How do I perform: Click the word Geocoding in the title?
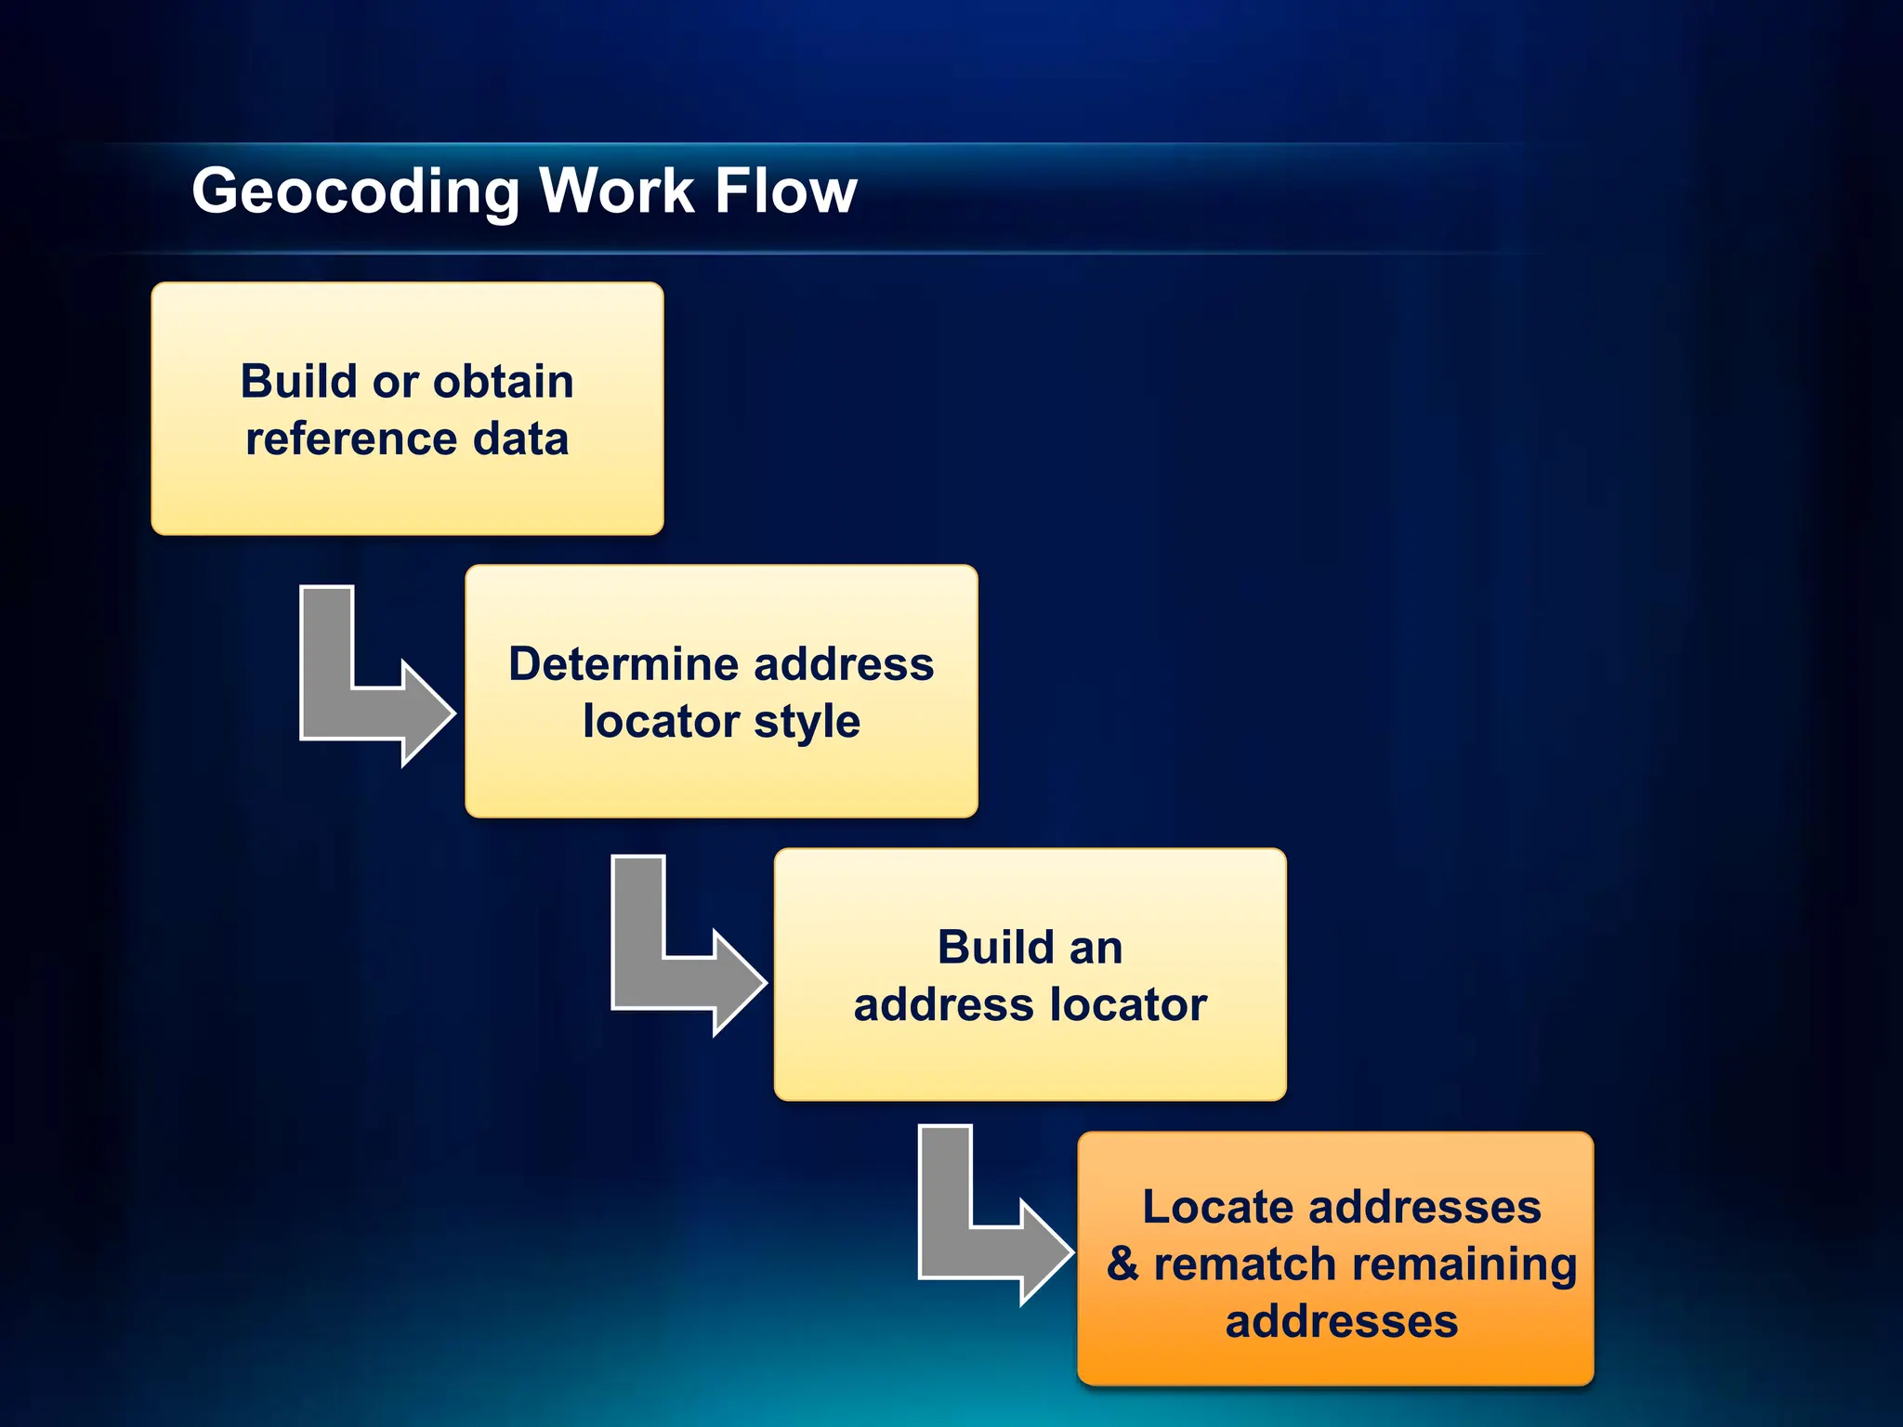[355, 192]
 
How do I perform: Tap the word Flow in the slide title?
[785, 190]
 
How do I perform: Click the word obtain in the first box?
[503, 381]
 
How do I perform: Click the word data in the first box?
[520, 439]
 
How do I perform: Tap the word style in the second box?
[807, 723]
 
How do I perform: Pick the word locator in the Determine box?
[661, 721]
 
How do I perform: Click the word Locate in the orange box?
[1217, 1207]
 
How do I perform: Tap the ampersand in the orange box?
[1122, 1264]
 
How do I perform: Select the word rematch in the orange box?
[1245, 1264]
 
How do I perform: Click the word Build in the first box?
[298, 381]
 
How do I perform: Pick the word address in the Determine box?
[844, 664]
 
